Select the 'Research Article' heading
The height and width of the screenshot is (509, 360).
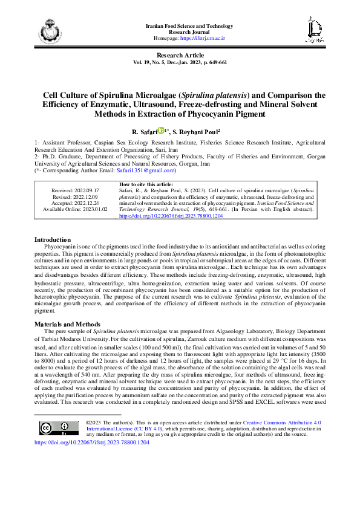click(180, 55)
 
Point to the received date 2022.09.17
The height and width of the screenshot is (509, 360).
click(88, 190)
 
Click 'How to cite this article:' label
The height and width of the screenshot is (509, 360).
click(146, 184)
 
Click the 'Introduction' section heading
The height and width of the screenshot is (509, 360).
click(53, 240)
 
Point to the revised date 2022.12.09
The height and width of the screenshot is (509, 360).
click(88, 197)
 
